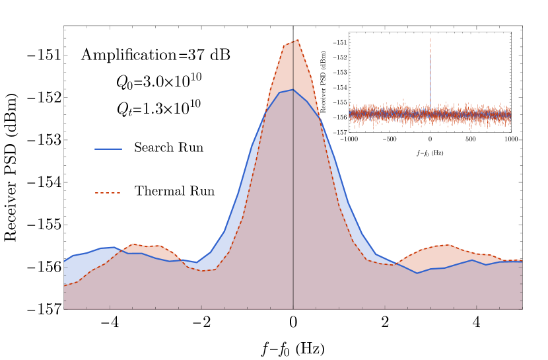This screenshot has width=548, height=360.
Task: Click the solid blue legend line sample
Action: click(108, 149)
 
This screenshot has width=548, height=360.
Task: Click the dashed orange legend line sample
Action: click(108, 193)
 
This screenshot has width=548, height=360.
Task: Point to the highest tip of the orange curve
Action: click(298, 40)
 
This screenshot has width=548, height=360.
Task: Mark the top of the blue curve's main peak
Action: click(293, 89)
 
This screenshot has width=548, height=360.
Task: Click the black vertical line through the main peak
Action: click(293, 198)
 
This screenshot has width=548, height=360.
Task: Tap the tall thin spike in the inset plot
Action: click(430, 66)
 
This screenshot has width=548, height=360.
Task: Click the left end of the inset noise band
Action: click(350, 114)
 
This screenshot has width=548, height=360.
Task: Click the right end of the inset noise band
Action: click(510, 115)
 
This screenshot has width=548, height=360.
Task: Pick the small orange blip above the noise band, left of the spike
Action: click(403, 100)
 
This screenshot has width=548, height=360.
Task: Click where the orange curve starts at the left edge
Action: click(65, 284)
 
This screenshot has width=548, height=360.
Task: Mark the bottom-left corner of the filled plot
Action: click(64, 308)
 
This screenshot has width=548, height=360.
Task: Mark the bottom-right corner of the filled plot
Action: click(522, 308)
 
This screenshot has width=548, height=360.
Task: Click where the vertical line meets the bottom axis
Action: click(293, 308)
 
